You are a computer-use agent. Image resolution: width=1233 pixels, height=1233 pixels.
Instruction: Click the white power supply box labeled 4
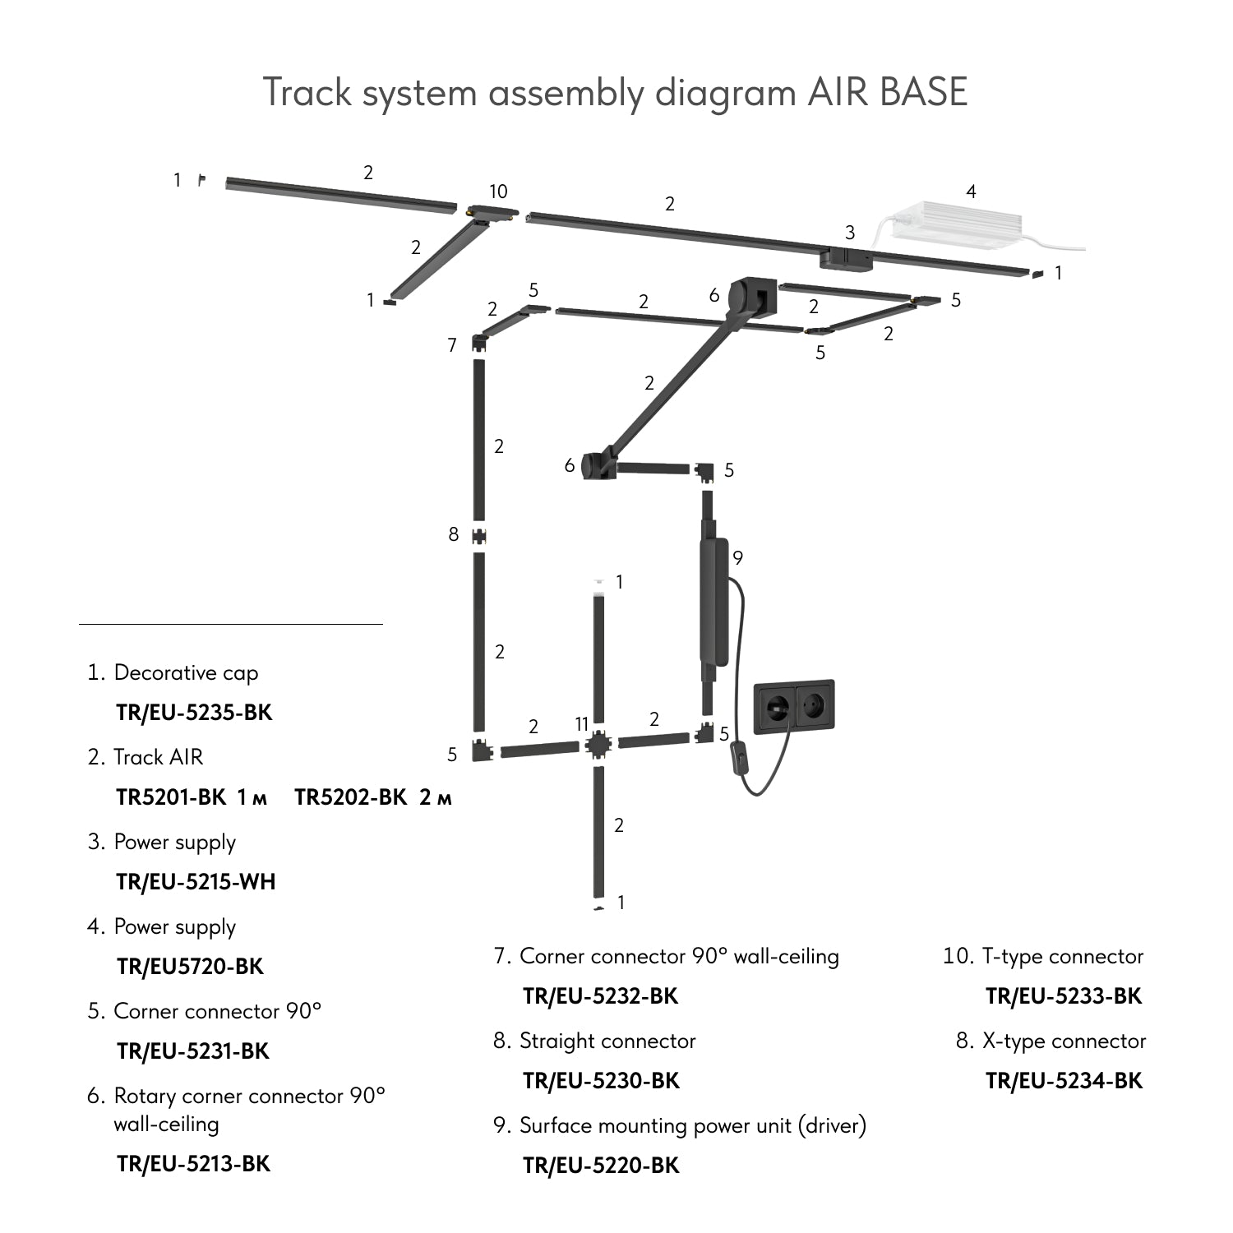pyautogui.click(x=958, y=223)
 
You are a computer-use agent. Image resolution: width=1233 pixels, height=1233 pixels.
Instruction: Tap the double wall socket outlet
pyautogui.click(x=794, y=705)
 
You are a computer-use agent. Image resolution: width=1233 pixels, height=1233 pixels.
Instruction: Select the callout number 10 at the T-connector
pyautogui.click(x=498, y=192)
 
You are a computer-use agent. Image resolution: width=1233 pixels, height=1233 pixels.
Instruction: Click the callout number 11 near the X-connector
pyautogui.click(x=582, y=724)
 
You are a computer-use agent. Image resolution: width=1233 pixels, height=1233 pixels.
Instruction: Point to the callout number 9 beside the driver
pyautogui.click(x=738, y=558)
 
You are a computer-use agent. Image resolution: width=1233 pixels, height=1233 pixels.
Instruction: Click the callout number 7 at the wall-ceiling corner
pyautogui.click(x=452, y=345)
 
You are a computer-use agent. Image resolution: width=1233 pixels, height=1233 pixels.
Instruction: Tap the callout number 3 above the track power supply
pyautogui.click(x=850, y=233)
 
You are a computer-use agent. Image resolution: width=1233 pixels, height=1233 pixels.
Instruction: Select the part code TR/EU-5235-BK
pyautogui.click(x=194, y=712)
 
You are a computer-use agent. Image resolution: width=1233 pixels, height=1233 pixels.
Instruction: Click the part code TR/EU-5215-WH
pyautogui.click(x=196, y=882)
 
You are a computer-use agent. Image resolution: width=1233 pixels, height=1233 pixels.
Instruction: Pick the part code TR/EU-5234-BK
pyautogui.click(x=1064, y=1081)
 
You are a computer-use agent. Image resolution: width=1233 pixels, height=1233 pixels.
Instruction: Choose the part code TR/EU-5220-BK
pyautogui.click(x=601, y=1166)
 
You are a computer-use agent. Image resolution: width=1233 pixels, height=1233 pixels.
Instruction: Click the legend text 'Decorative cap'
pyautogui.click(x=186, y=672)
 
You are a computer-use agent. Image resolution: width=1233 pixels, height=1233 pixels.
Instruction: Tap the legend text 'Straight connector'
pyautogui.click(x=607, y=1041)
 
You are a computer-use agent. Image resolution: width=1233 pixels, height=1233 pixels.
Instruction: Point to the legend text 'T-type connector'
pyautogui.click(x=1062, y=956)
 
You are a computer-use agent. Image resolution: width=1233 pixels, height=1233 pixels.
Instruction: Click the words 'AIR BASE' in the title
pyautogui.click(x=887, y=91)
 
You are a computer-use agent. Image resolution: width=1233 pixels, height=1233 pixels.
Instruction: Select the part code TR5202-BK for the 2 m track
pyautogui.click(x=350, y=797)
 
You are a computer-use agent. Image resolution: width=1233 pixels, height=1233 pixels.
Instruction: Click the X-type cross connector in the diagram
pyautogui.click(x=598, y=745)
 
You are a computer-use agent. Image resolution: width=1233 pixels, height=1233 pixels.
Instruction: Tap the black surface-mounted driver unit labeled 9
pyautogui.click(x=713, y=602)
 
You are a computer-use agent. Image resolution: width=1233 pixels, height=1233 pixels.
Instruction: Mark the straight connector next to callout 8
pyautogui.click(x=478, y=537)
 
